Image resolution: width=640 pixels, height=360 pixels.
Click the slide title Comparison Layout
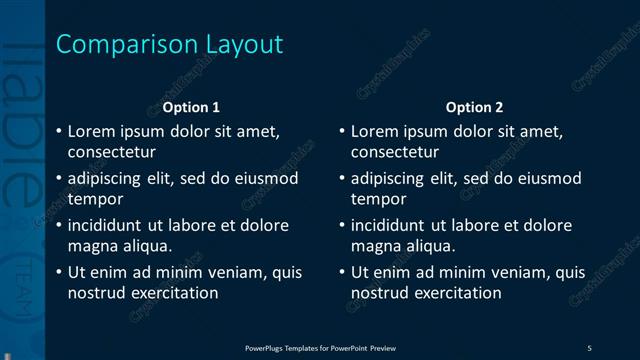pyautogui.click(x=169, y=45)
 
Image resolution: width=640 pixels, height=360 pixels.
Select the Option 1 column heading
pyautogui.click(x=191, y=107)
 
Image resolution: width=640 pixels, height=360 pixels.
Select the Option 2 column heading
pyautogui.click(x=474, y=107)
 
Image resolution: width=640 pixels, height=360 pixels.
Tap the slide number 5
pyautogui.click(x=590, y=347)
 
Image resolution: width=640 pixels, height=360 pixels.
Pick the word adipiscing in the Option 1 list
pyautogui.click(x=104, y=178)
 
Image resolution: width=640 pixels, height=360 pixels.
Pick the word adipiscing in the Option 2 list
pyautogui.click(x=387, y=178)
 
